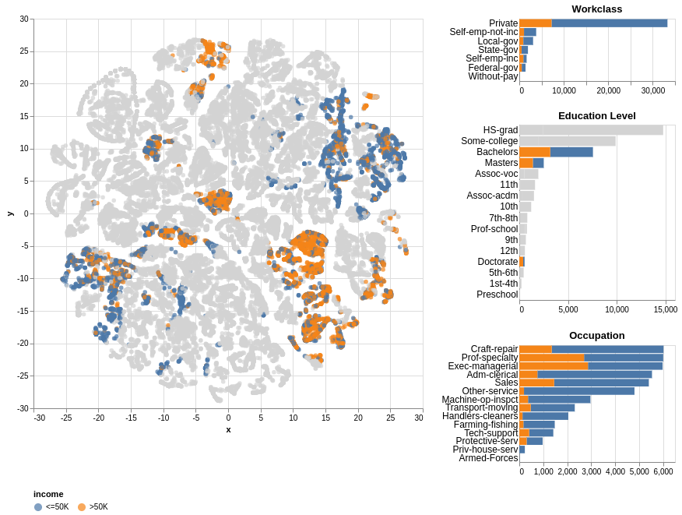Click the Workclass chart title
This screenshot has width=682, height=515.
click(x=596, y=9)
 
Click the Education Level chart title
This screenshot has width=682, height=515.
click(x=596, y=116)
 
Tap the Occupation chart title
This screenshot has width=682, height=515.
click(x=596, y=336)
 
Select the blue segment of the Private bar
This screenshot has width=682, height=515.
click(x=609, y=23)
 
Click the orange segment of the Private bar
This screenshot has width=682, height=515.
click(x=536, y=23)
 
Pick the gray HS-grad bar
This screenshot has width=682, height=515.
click(x=591, y=130)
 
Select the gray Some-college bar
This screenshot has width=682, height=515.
click(x=567, y=141)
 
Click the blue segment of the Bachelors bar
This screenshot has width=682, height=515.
click(x=571, y=152)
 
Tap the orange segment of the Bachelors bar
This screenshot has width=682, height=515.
click(x=535, y=152)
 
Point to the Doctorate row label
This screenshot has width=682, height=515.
click(x=497, y=262)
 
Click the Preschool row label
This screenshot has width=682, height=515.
click(x=497, y=295)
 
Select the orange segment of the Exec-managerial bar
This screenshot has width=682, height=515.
click(x=554, y=366)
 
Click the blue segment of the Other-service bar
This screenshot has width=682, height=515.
click(x=579, y=391)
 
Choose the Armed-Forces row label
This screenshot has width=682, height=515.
click(x=488, y=458)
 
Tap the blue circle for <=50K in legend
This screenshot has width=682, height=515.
click(x=38, y=507)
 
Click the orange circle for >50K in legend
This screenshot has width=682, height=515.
click(x=82, y=507)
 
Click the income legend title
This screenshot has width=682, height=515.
click(x=48, y=494)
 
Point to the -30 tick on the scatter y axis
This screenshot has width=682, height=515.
click(x=24, y=408)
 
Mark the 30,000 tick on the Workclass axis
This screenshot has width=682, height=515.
click(x=652, y=91)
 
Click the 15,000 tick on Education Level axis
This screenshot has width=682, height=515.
click(x=665, y=309)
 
